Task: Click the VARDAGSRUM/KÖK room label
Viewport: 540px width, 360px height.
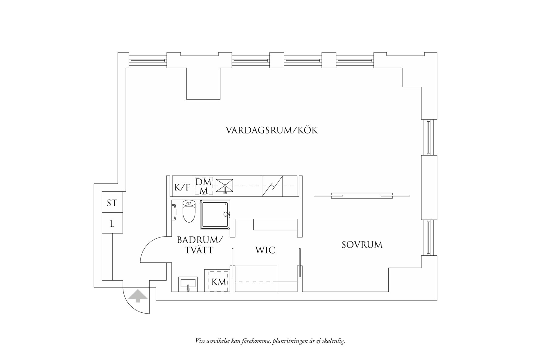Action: (x=272, y=130)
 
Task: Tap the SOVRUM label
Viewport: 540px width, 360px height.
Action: (x=362, y=245)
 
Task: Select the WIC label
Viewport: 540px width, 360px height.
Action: (x=265, y=250)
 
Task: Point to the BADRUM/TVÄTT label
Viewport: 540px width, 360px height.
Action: (x=200, y=245)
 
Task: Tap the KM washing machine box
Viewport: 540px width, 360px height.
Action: (x=219, y=282)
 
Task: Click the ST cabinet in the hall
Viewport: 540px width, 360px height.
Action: (x=112, y=203)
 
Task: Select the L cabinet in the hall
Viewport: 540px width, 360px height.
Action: (x=112, y=224)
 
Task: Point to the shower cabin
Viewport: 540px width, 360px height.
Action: (x=214, y=214)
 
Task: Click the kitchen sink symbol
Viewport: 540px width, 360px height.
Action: (x=224, y=186)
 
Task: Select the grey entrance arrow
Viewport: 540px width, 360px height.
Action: (x=138, y=296)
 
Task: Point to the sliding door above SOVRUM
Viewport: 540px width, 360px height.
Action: (x=362, y=196)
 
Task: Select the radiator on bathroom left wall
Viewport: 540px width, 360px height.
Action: (x=174, y=212)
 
